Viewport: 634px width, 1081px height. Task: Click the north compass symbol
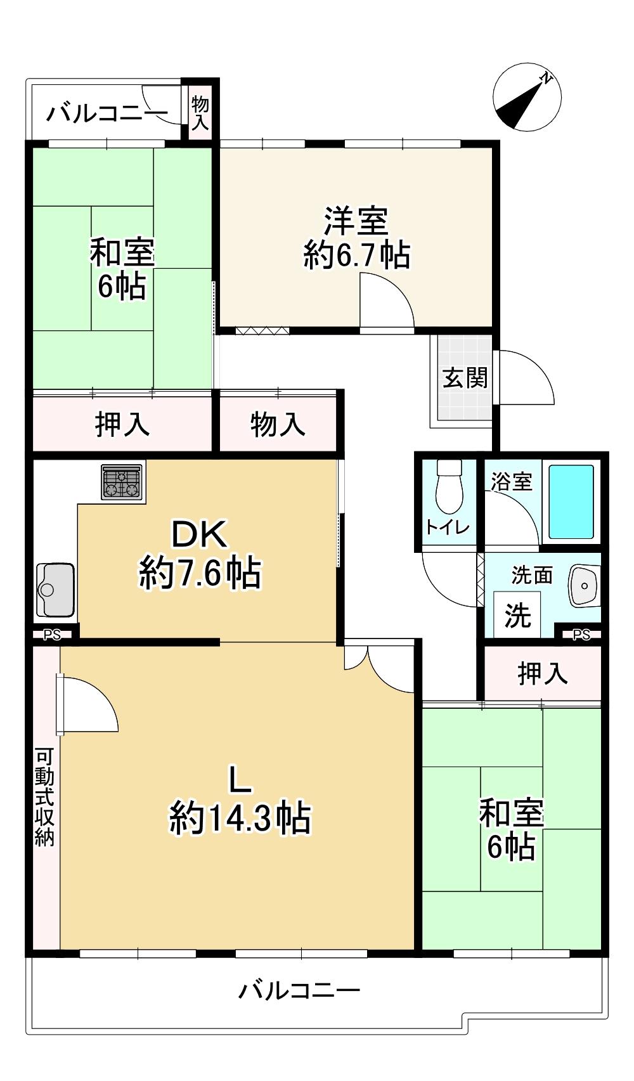pos(527,97)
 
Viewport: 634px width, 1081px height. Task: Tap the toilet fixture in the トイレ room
pos(450,486)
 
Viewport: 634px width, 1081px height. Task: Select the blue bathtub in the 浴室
pos(571,502)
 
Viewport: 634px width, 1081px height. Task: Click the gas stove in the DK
pos(122,482)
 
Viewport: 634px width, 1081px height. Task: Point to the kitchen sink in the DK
pos(55,589)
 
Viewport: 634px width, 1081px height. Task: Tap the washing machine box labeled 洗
pos(517,614)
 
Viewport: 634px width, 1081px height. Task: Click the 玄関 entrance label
pos(465,379)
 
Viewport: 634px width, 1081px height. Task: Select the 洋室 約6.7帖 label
pos(356,238)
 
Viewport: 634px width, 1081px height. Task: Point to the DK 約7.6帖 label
pos(200,554)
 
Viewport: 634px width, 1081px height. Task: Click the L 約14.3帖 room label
pos(240,799)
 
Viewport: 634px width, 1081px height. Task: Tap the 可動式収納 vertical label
pos(44,798)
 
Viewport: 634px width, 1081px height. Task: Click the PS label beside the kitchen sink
pos(52,635)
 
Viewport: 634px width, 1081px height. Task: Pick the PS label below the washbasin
pos(581,634)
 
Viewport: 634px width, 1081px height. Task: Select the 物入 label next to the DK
pos(277,424)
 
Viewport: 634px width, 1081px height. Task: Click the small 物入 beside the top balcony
pos(200,113)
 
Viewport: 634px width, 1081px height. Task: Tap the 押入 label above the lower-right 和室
pos(542,673)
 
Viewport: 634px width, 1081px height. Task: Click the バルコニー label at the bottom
pos(299,990)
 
